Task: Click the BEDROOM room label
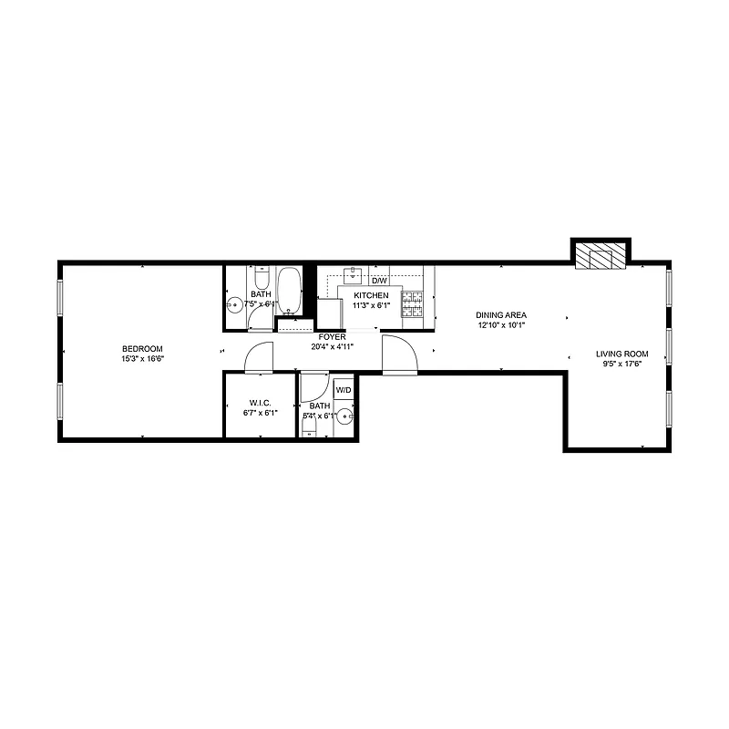click(142, 349)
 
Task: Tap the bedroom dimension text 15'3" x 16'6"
click(142, 359)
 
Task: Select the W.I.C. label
click(261, 403)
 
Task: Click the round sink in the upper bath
click(234, 306)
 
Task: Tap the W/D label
click(343, 390)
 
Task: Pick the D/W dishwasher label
click(378, 281)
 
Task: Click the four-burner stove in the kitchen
click(413, 304)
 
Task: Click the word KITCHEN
click(371, 295)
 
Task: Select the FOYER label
click(332, 336)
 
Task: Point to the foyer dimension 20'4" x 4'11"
click(332, 346)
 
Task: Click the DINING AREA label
click(501, 315)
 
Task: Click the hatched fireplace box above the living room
click(600, 257)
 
